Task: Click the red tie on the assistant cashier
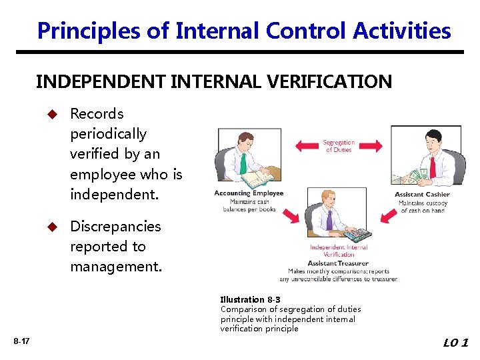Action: click(433, 166)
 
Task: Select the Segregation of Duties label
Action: click(339, 146)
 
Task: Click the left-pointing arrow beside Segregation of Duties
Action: click(307, 145)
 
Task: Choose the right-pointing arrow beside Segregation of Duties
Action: click(371, 145)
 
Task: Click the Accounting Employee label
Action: click(249, 193)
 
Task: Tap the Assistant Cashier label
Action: click(422, 195)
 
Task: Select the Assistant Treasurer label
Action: click(338, 263)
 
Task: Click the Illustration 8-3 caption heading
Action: click(250, 300)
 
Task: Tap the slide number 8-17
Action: click(21, 341)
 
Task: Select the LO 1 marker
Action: click(455, 343)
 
